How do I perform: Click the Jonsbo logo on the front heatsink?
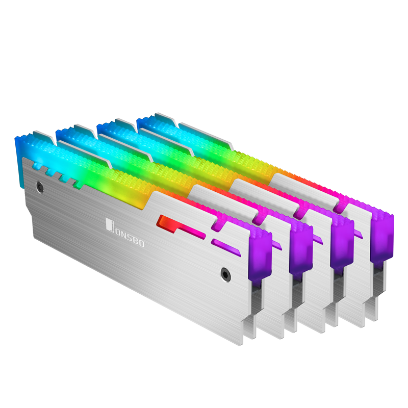tap(125, 233)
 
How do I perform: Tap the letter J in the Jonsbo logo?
tap(110, 224)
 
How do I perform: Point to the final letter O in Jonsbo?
tap(141, 243)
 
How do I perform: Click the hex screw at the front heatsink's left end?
tap(40, 187)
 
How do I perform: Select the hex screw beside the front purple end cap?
tap(225, 274)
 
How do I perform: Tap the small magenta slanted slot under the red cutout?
tap(226, 247)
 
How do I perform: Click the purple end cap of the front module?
tap(260, 254)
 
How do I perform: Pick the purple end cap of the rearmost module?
tap(381, 237)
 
